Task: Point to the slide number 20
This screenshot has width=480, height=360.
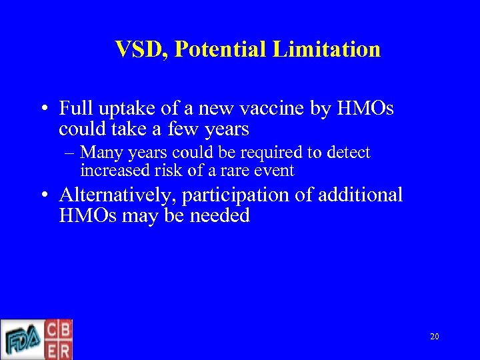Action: coord(434,337)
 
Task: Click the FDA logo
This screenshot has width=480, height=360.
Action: coord(22,340)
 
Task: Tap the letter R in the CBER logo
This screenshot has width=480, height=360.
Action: coord(65,349)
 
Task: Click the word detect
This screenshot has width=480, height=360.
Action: coord(348,153)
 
